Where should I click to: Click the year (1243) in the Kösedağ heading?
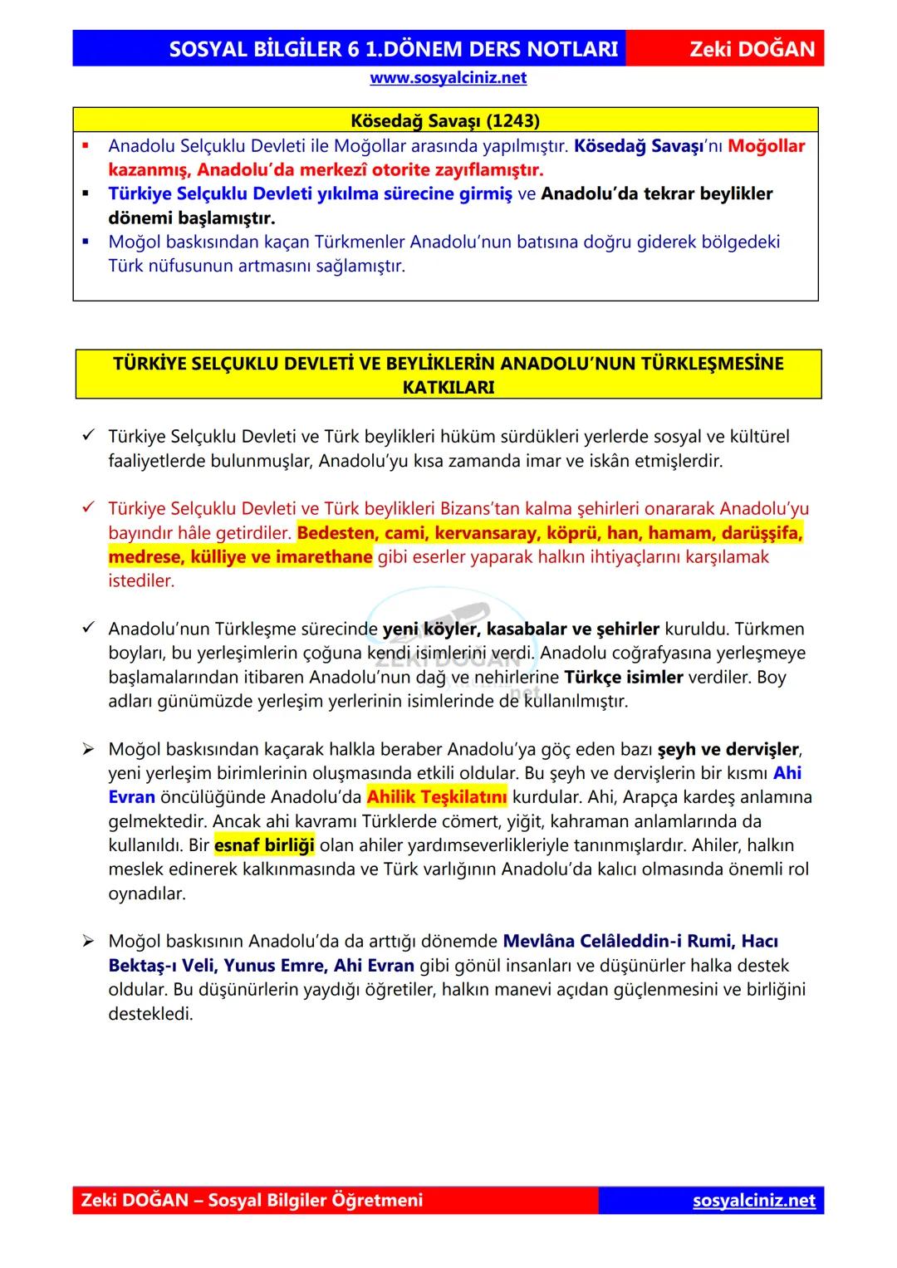(x=512, y=120)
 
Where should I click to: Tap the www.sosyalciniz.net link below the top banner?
(x=448, y=78)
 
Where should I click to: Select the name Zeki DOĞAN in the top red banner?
(x=752, y=49)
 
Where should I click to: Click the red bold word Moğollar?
(x=766, y=146)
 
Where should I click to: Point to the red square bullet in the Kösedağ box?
(x=86, y=146)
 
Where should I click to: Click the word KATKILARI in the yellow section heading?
(x=448, y=387)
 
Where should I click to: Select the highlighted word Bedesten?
(x=335, y=533)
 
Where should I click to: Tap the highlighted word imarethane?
(x=323, y=557)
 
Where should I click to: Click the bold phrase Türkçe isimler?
(x=623, y=678)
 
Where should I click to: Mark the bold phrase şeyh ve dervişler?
(x=728, y=750)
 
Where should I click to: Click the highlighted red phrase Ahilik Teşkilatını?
(x=437, y=798)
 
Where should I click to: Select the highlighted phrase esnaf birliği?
(x=264, y=846)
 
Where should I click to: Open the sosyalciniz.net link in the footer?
(x=753, y=1201)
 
